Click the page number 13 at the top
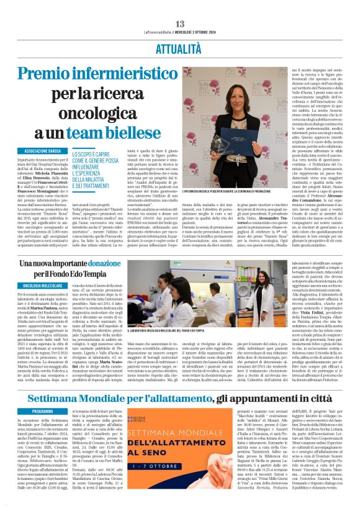(180, 6)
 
